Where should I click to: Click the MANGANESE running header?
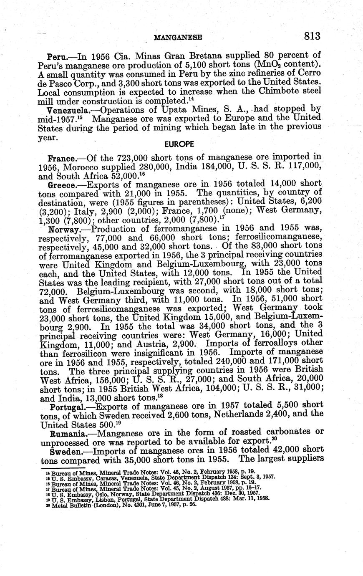pos(178,37)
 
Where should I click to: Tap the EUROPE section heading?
pos(179,144)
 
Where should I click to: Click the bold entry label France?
pos(61,159)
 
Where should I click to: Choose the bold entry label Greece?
pos(62,184)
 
